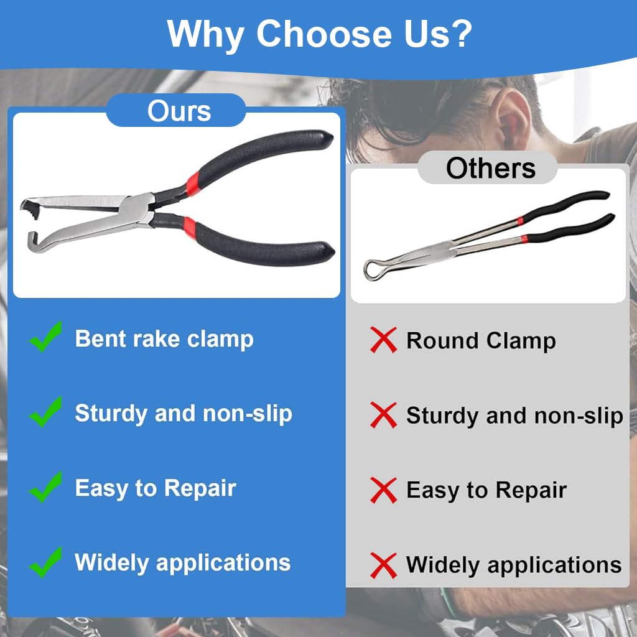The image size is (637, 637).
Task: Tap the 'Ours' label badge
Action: pyautogui.click(x=179, y=111)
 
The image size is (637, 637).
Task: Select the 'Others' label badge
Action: pyautogui.click(x=490, y=168)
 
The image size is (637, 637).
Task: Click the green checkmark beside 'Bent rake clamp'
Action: pyautogui.click(x=46, y=337)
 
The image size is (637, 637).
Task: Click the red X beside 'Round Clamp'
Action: pyautogui.click(x=383, y=340)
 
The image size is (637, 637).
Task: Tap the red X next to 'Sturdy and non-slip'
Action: pyautogui.click(x=383, y=415)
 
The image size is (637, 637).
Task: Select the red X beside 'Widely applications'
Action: pyautogui.click(x=383, y=565)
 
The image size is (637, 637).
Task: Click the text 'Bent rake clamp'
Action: pyautogui.click(x=164, y=339)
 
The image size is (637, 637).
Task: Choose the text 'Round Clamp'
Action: pyautogui.click(x=481, y=341)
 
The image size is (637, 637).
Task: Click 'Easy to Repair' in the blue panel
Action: pyautogui.click(x=156, y=488)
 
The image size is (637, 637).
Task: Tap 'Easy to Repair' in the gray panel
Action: pyautogui.click(x=486, y=490)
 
